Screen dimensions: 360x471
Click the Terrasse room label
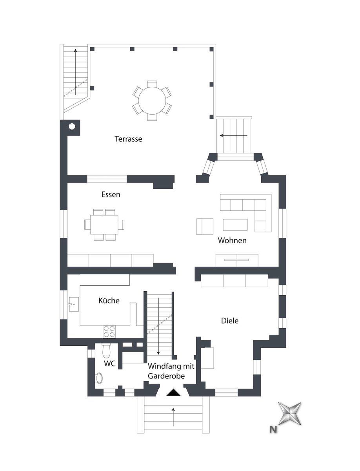tap(128, 139)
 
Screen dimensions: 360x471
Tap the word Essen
tap(111, 195)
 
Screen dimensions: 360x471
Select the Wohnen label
tap(232, 240)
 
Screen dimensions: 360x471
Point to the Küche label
tap(109, 300)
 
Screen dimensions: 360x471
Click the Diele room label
tap(230, 321)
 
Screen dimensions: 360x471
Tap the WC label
tap(110, 363)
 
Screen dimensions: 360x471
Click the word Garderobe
tap(166, 376)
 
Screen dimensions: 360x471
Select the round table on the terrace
tap(152, 100)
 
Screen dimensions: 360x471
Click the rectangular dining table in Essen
tap(104, 225)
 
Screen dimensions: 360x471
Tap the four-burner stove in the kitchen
tap(109, 332)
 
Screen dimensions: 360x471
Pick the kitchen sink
tap(74, 304)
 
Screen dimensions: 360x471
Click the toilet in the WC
tap(106, 351)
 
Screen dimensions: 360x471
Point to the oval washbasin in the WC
tap(99, 378)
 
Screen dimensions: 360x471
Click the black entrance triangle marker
tap(173, 392)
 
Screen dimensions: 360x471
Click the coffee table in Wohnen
tap(235, 225)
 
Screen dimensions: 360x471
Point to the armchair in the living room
tap(205, 226)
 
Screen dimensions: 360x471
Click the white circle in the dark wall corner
tap(72, 127)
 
